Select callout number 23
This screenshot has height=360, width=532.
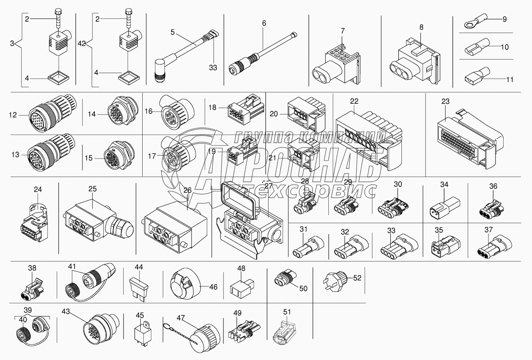[x=445, y=101]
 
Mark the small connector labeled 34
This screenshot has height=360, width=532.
[x=443, y=206]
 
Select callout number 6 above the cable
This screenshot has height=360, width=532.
[x=264, y=23]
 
